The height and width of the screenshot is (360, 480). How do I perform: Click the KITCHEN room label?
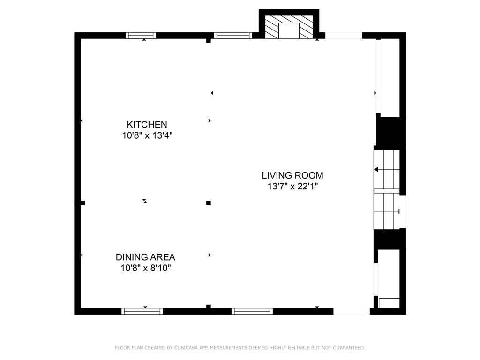pos(147,125)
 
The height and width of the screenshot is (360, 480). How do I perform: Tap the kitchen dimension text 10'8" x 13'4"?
pos(147,135)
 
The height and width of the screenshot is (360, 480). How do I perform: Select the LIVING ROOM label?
pos(292,175)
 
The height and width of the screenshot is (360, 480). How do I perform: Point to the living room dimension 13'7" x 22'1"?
pos(293,186)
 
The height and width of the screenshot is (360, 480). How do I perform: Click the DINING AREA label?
pos(145,257)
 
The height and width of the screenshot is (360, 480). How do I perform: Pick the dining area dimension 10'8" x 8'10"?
pos(145,268)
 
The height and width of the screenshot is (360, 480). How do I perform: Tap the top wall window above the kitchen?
pos(141,36)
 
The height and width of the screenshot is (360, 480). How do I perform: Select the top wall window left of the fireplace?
pos(233,36)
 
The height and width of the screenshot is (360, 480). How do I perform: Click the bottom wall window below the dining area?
pos(142,311)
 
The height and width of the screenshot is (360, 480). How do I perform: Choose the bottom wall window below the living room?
pos(252,311)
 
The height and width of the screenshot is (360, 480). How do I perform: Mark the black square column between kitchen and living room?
pos(209,202)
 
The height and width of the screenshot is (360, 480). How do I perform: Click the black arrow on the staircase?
pos(376,169)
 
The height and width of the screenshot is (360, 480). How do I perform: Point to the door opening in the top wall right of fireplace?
pos(344,36)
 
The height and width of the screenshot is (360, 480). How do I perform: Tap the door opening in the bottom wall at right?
pos(352,311)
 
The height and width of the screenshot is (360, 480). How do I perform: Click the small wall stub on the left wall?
pos(82,202)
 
